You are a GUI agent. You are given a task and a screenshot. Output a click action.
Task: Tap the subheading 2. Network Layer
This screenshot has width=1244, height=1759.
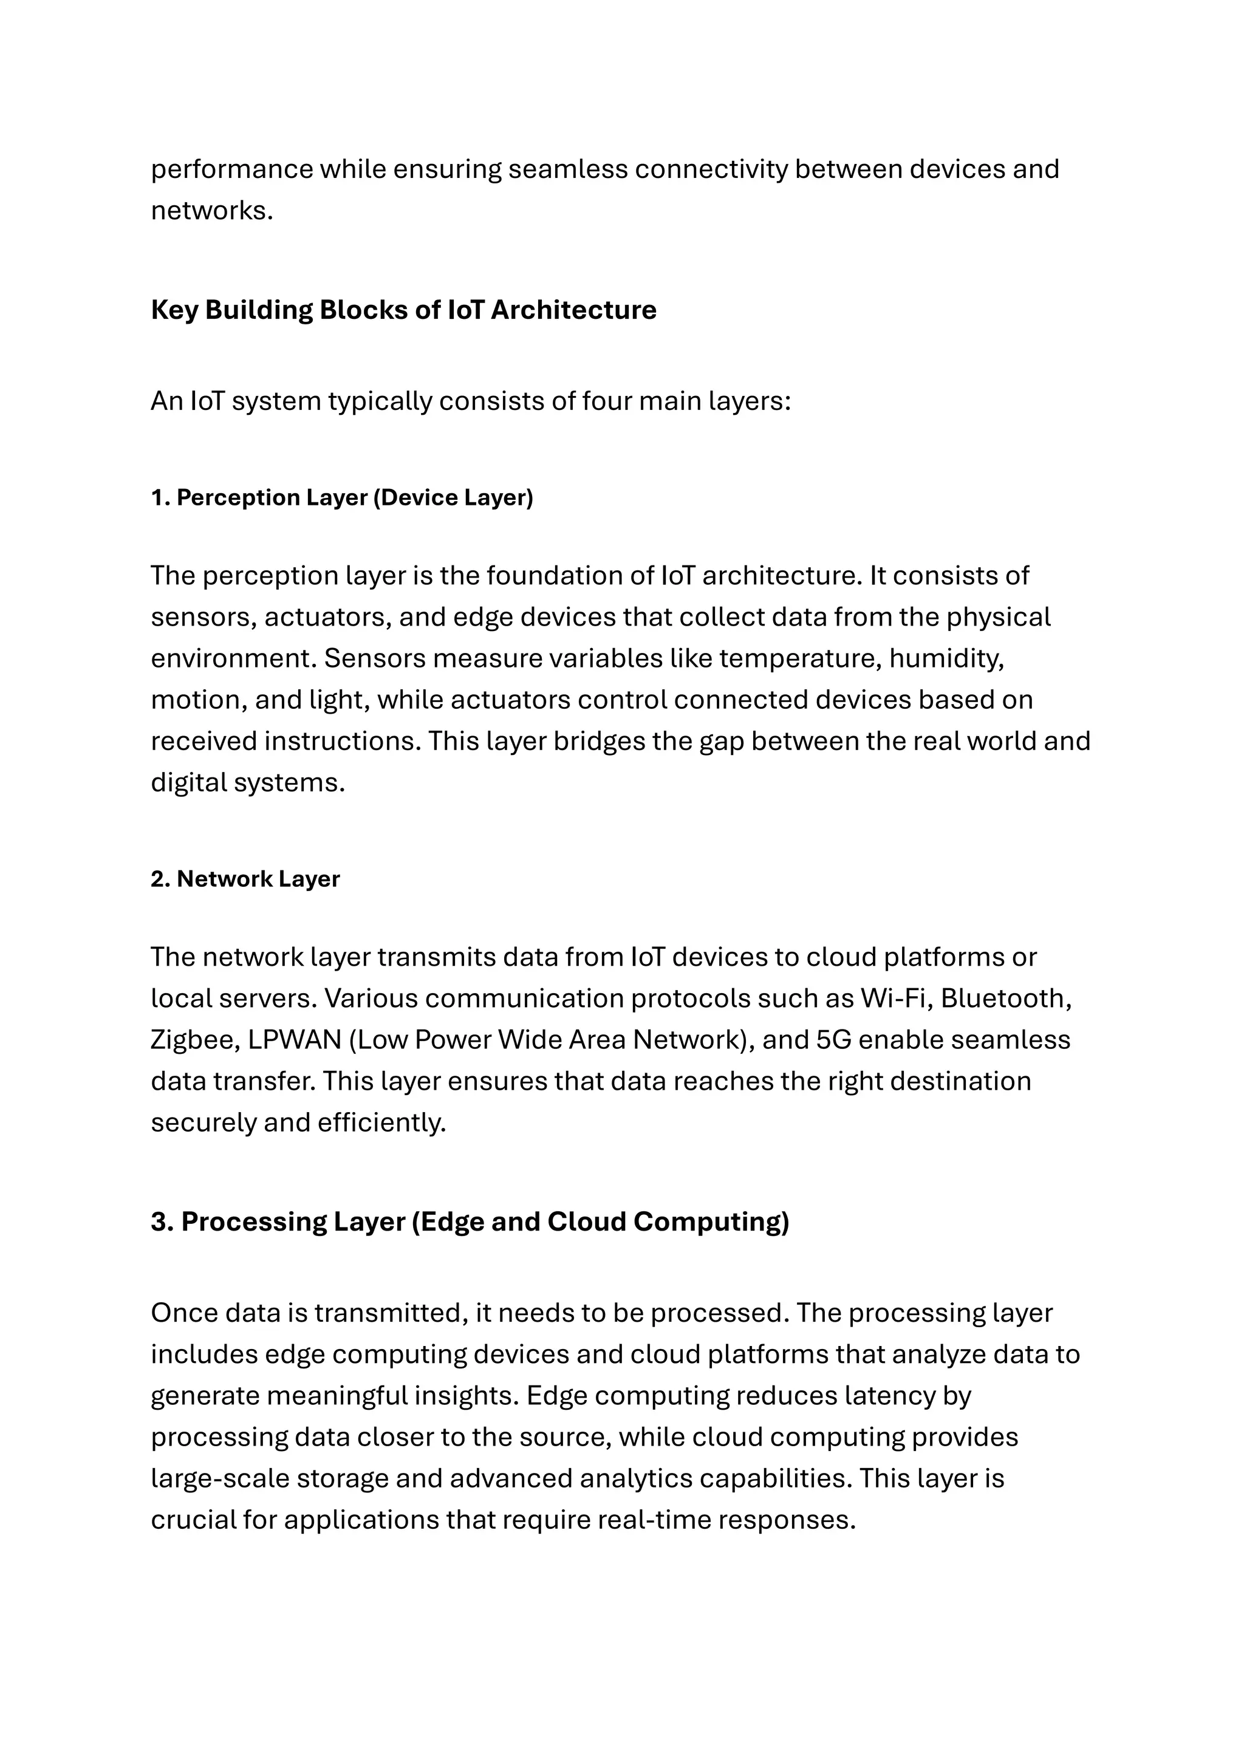point(245,879)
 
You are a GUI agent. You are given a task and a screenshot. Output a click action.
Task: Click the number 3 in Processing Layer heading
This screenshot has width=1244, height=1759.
point(159,1222)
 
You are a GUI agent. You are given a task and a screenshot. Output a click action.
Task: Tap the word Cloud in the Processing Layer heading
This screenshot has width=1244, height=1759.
point(586,1222)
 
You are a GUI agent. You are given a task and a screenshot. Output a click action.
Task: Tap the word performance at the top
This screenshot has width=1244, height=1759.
point(231,169)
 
